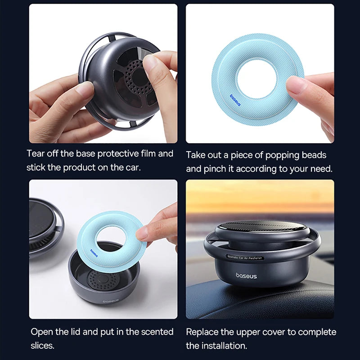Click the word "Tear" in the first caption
pos(36,153)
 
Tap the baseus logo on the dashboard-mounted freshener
pos(246,275)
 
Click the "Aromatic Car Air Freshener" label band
pos(244,257)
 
